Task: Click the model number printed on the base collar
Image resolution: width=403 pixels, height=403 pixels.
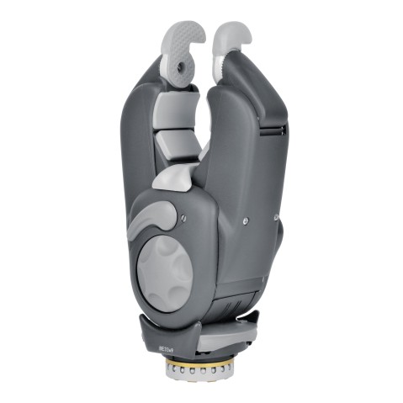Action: click(x=167, y=347)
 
